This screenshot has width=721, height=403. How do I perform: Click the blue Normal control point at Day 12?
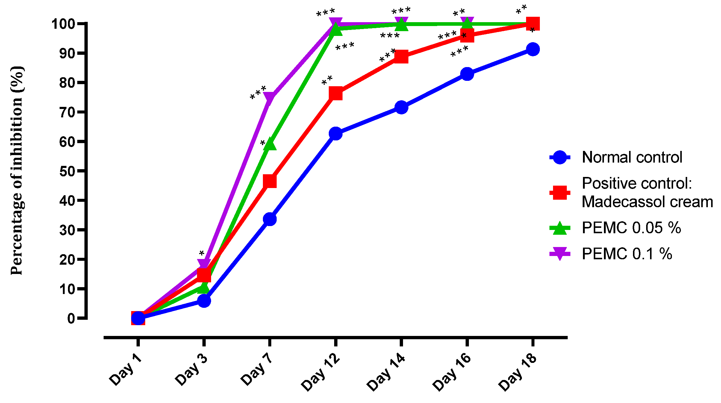(335, 134)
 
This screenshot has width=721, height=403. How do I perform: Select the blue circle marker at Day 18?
(533, 49)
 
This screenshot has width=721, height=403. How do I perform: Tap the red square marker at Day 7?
(269, 181)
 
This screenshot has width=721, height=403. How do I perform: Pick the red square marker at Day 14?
(401, 57)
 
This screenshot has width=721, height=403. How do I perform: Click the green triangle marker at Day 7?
(269, 144)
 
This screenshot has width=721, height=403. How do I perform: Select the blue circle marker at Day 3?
(204, 300)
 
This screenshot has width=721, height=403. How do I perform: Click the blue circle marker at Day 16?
(467, 74)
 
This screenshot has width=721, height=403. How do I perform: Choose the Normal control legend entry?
(632, 157)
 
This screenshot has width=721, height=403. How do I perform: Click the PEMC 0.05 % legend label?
(631, 228)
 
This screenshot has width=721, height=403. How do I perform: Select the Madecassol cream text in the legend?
(647, 201)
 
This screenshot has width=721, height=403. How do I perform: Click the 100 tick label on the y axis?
(63, 24)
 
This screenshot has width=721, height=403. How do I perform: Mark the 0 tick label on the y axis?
(71, 319)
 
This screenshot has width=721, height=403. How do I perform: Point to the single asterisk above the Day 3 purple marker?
(202, 254)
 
